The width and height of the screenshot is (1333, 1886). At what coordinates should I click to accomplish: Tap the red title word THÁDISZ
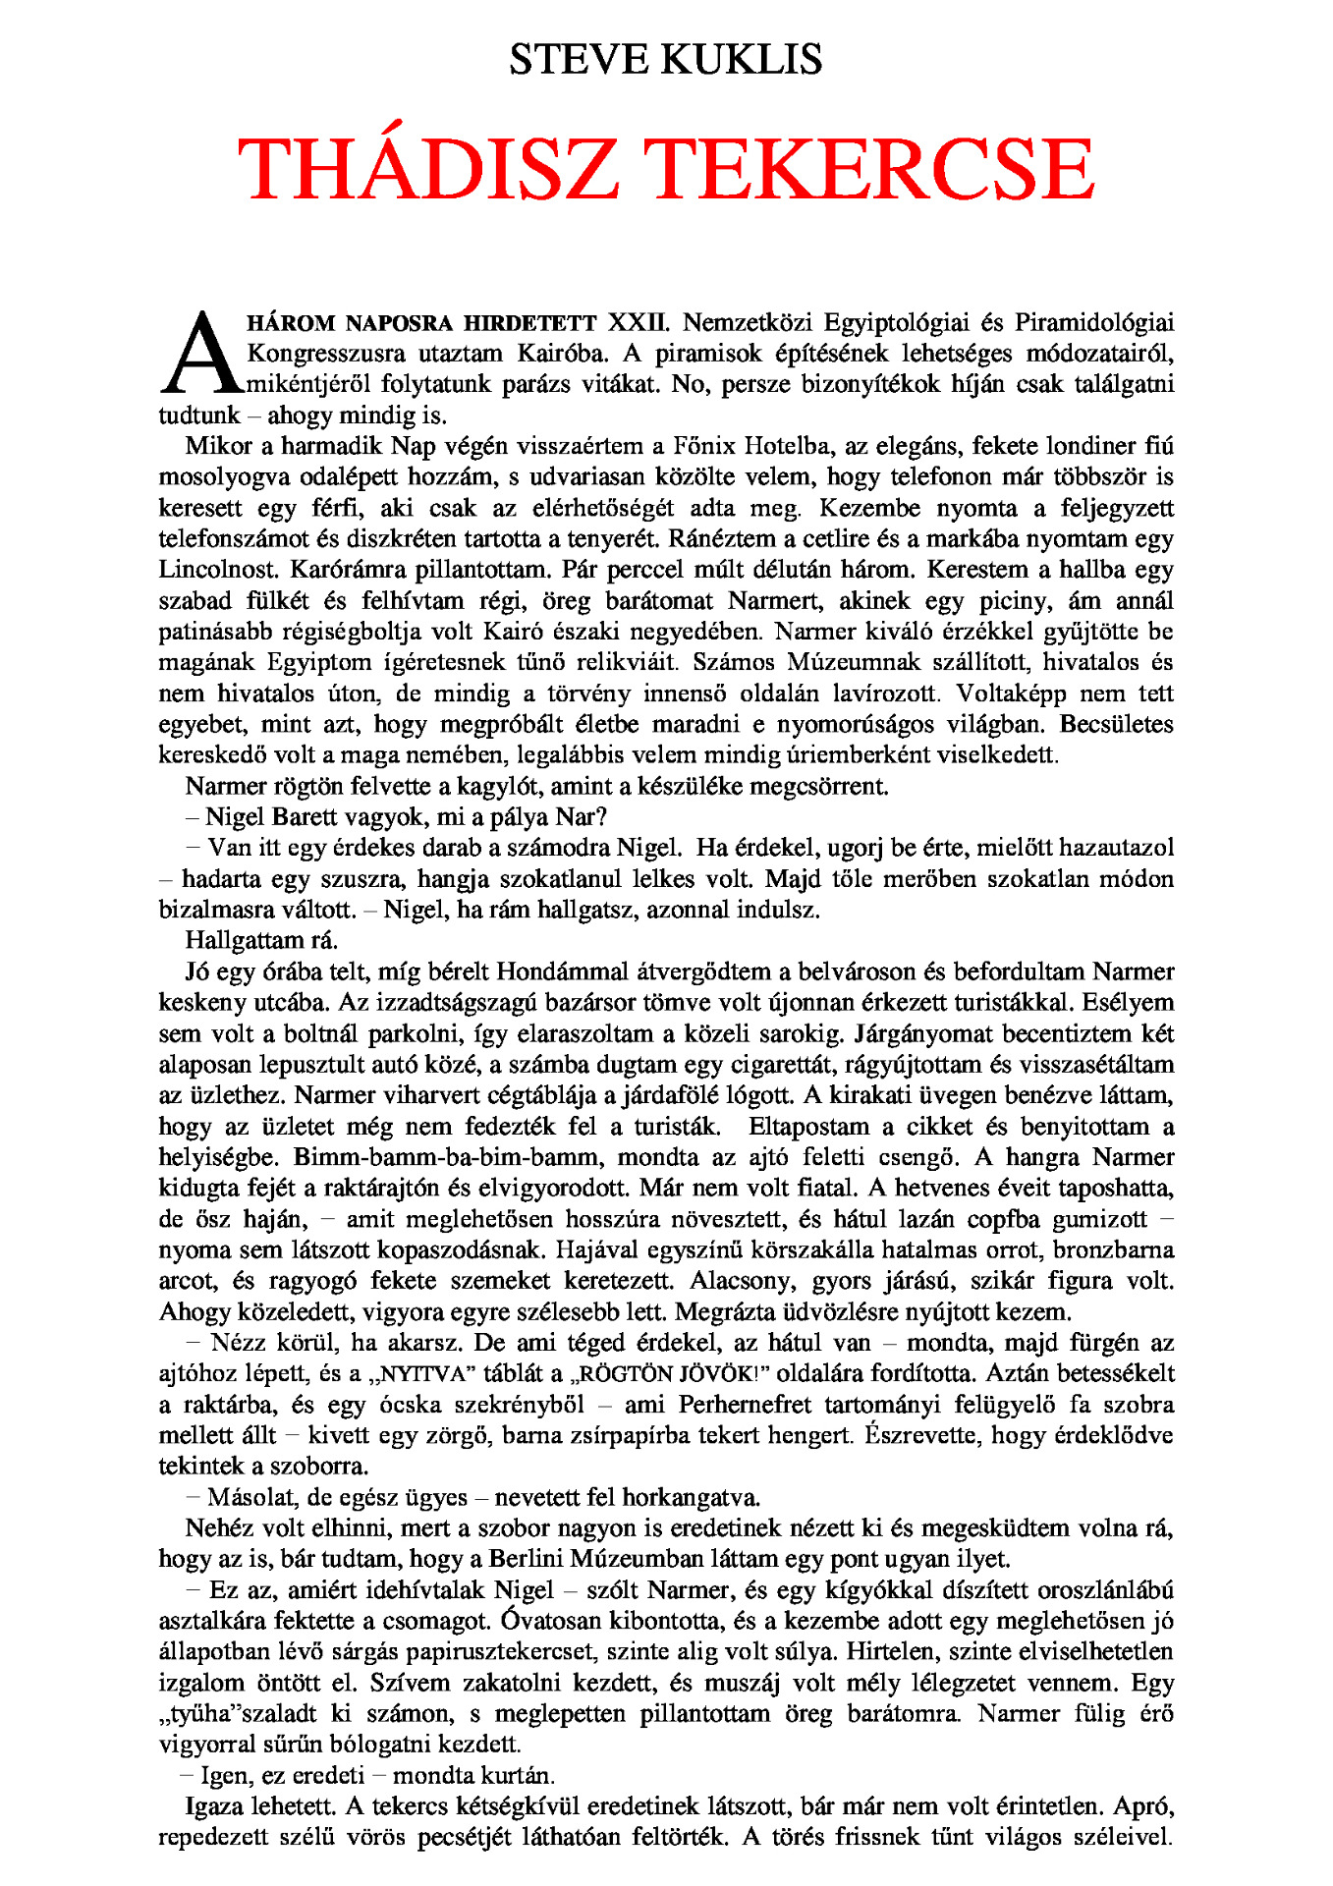click(428, 168)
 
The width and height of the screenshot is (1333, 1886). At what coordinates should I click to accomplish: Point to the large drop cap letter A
click(200, 354)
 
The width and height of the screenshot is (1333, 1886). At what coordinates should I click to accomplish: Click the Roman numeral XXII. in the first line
click(639, 322)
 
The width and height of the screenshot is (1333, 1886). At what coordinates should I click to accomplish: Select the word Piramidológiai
click(1093, 322)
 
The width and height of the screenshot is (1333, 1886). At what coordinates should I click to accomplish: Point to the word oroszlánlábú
click(1097, 1590)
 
